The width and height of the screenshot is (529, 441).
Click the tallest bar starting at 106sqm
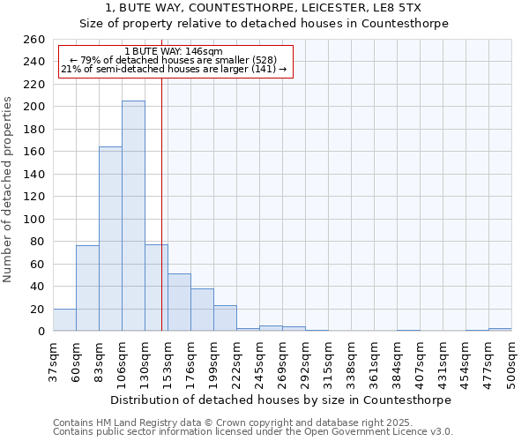click(133, 216)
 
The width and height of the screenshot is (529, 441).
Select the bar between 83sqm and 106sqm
click(110, 239)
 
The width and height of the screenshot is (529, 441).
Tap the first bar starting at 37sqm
click(64, 320)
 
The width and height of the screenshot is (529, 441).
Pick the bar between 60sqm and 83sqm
click(87, 288)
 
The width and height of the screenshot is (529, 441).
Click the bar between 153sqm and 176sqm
click(179, 303)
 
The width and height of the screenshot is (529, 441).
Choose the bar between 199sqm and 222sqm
click(225, 318)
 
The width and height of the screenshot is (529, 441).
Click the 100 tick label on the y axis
click(34, 220)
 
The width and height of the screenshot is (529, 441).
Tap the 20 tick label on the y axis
click(37, 310)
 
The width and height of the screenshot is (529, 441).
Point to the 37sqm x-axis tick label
click(53, 360)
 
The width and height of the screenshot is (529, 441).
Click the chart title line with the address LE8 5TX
click(264, 8)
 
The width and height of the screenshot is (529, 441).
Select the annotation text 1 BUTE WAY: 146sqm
click(175, 51)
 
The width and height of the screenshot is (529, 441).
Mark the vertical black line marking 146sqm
click(161, 203)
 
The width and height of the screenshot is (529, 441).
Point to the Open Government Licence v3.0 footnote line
click(253, 432)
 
